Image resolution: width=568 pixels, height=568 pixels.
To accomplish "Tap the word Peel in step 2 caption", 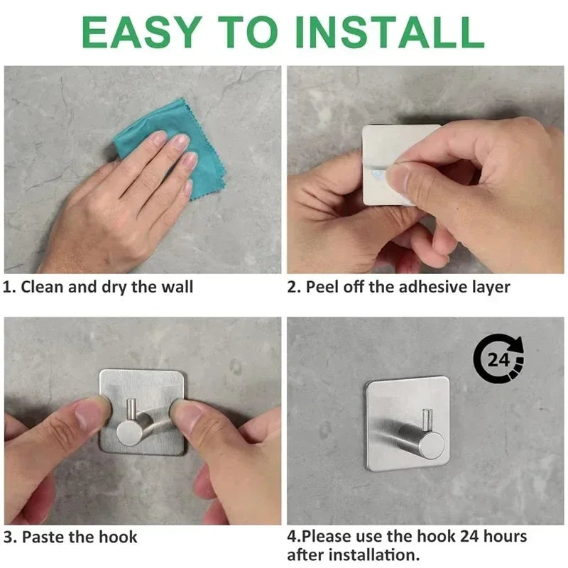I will (322, 288).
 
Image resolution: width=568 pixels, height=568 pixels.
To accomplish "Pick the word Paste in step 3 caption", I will (43, 537).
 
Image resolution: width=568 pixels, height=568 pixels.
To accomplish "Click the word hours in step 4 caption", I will (503, 536).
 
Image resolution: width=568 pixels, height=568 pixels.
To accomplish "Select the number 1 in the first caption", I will (8, 288).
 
